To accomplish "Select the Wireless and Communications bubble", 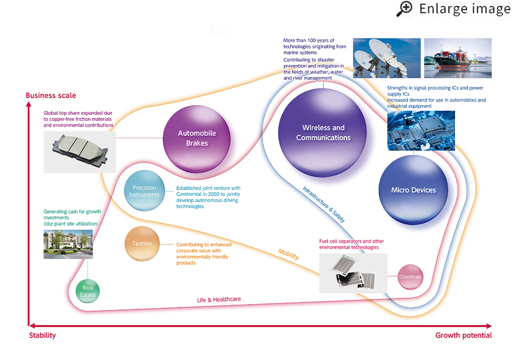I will (323, 133).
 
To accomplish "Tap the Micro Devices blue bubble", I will (413, 190).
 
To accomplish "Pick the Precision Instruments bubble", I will (144, 191).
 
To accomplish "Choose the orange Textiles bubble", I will (142, 244).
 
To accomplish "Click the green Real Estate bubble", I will (88, 291).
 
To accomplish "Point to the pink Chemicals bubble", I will (410, 277).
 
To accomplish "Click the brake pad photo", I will (79, 152).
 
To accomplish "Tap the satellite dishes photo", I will (386, 58).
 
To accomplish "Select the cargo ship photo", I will (457, 58).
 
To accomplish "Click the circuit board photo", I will (421, 131).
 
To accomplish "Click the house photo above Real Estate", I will (68, 244).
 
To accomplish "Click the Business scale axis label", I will (51, 96).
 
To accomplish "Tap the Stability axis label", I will (43, 335).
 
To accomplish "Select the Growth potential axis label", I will (463, 335).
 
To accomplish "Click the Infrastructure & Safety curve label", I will (324, 204).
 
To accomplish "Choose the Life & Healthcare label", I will (219, 299).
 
